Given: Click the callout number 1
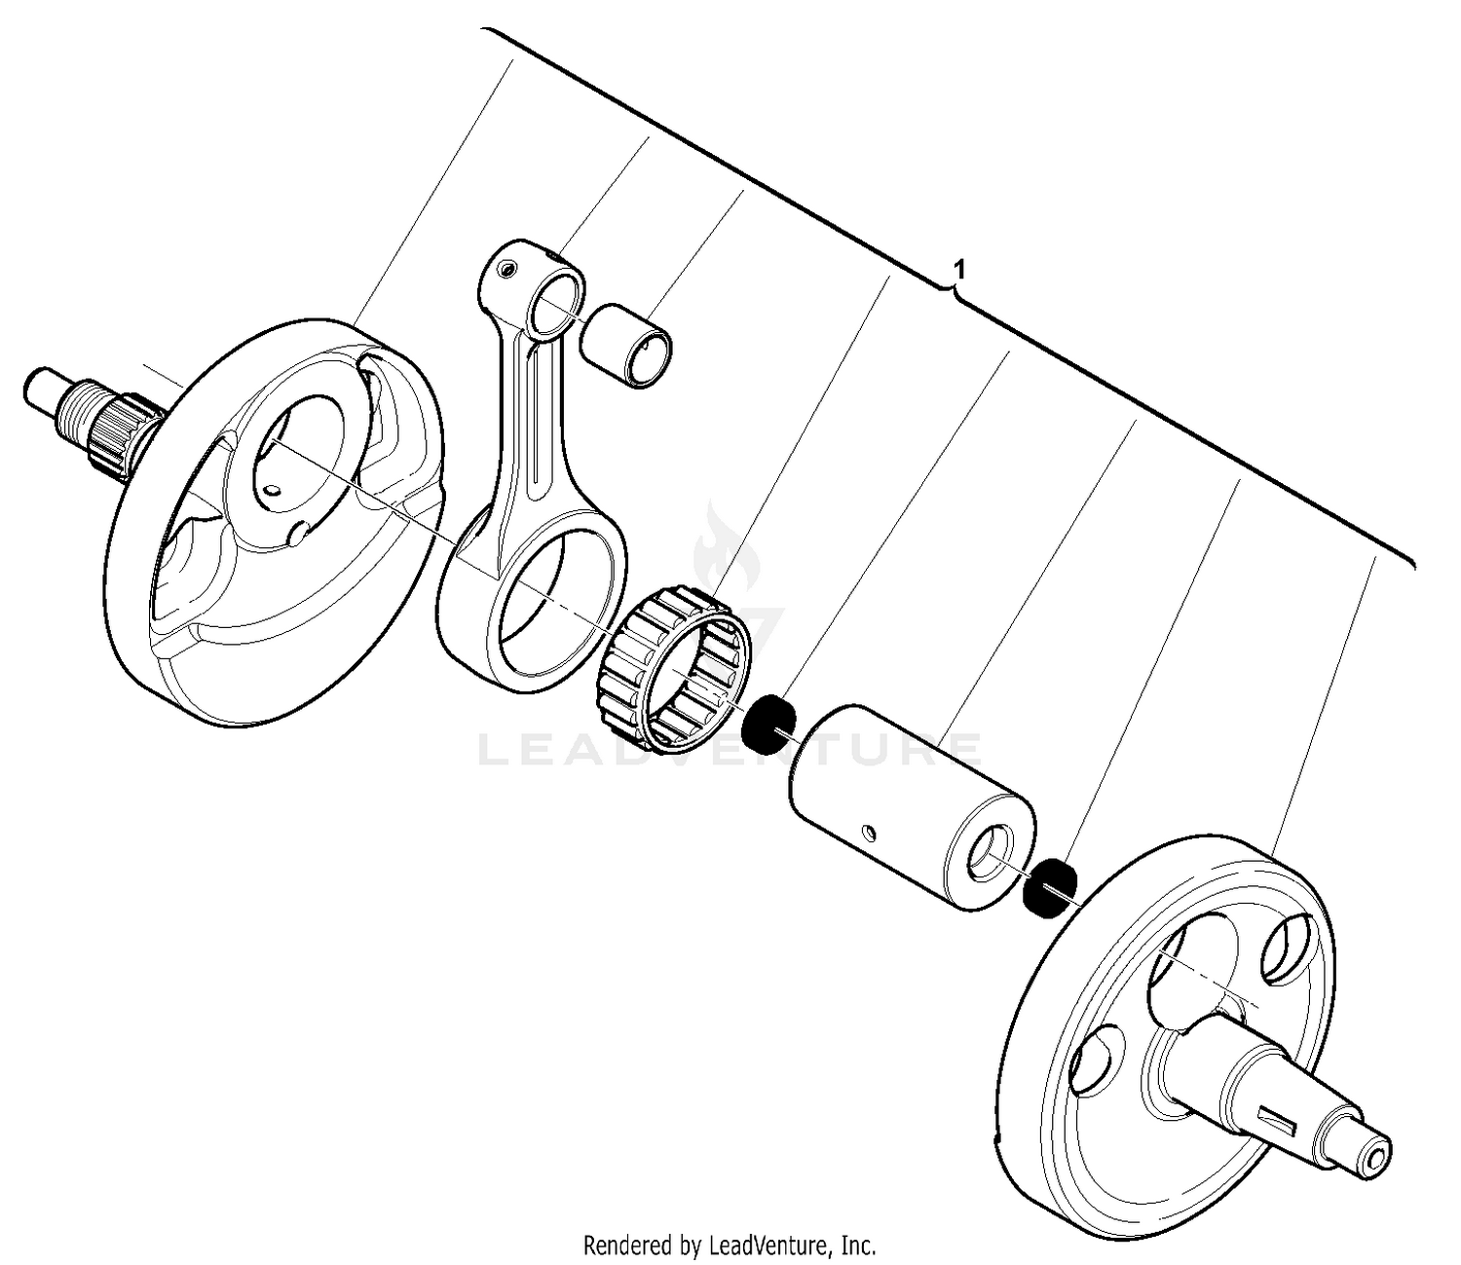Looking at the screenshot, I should pos(959,268).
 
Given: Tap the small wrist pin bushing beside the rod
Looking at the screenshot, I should pos(627,346).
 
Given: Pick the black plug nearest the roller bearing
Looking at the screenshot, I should pos(768,724).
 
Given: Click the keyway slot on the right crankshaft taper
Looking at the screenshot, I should pos(1283,1120).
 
